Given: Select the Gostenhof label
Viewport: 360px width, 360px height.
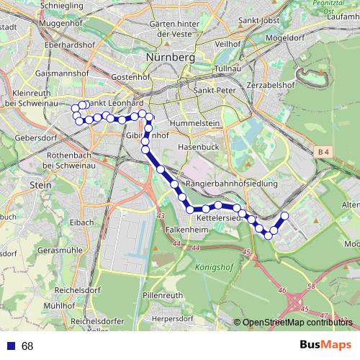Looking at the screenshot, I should tap(130, 76).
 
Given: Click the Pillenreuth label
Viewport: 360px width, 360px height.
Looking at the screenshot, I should tap(163, 296).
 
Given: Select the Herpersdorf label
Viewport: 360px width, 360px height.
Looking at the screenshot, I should tap(179, 319).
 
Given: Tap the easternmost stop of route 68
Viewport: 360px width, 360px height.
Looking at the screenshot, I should tap(284, 216).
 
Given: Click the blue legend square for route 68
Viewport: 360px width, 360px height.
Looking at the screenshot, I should tap(9, 346).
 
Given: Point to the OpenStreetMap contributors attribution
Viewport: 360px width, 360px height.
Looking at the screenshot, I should tap(297, 323).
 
